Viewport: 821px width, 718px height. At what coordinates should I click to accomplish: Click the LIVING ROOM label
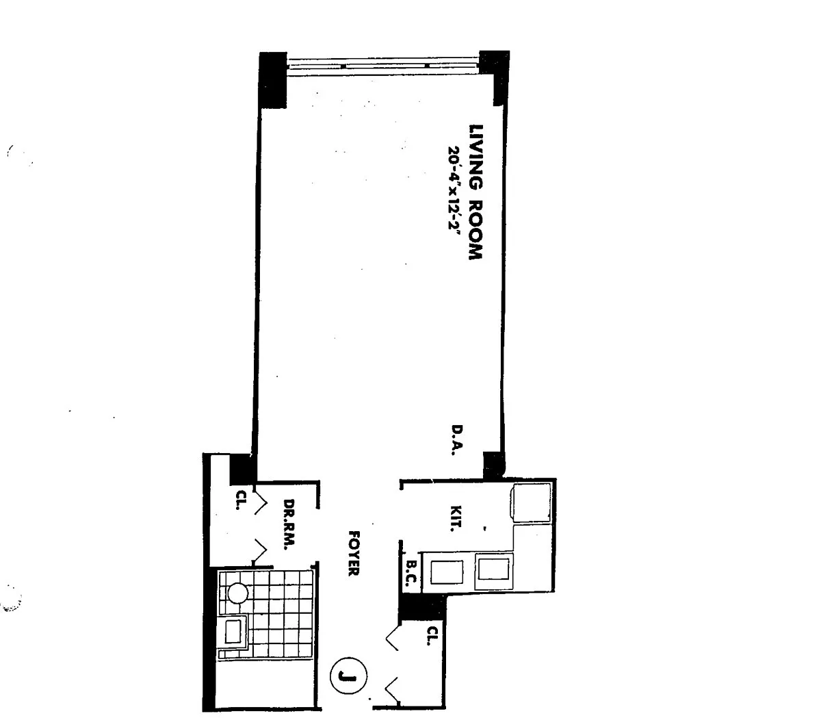476,192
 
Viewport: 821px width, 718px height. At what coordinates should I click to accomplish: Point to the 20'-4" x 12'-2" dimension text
455,188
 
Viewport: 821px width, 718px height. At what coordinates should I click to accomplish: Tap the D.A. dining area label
457,440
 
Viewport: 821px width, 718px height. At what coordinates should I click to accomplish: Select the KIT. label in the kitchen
456,519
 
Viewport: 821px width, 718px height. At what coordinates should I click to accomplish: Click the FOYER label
354,553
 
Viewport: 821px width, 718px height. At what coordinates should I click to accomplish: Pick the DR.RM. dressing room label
289,524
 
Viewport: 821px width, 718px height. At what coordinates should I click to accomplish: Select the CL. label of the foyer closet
432,635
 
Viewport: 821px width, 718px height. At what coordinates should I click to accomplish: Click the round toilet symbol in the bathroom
237,593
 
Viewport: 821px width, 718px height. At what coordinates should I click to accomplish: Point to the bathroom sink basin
233,632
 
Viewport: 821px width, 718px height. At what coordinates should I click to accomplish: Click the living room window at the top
383,66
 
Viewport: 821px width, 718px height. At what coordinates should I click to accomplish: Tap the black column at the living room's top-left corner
273,79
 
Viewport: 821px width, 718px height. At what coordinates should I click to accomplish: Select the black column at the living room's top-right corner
495,77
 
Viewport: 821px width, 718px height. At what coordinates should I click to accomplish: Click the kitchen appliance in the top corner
530,502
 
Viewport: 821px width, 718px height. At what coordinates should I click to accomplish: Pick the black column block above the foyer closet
421,607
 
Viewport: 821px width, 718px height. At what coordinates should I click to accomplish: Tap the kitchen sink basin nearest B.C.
447,572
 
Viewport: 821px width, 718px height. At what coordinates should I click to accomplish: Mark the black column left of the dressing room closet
242,469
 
